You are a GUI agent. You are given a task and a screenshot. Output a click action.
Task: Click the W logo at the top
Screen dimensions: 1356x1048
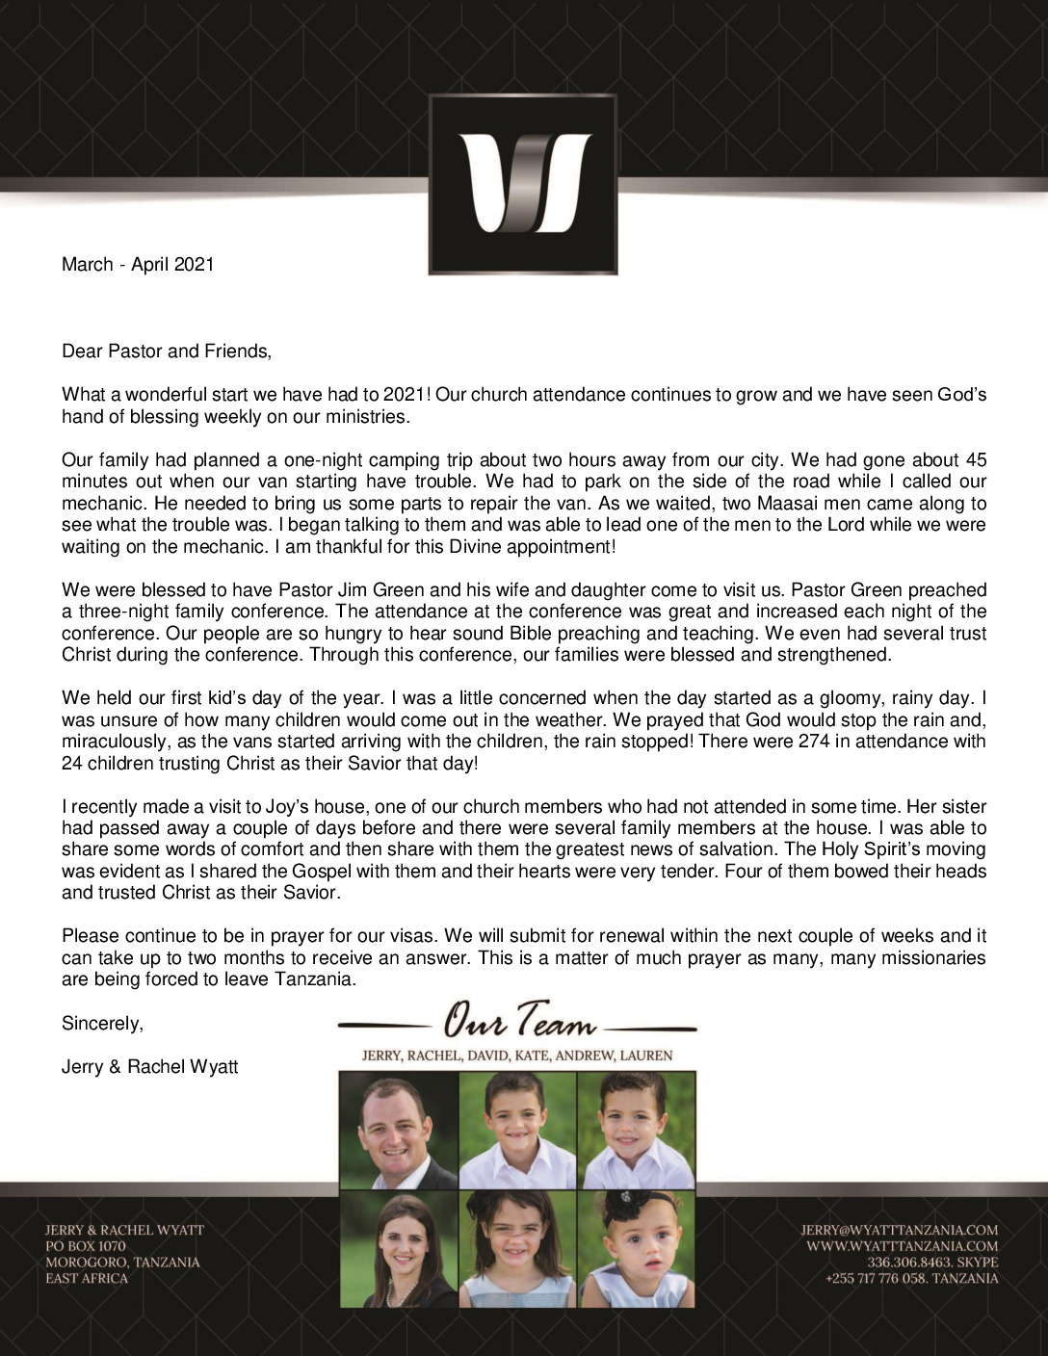click(523, 184)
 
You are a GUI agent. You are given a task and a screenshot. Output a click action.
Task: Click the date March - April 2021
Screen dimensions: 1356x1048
click(138, 264)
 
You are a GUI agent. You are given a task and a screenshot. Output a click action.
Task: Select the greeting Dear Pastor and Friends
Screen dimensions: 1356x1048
click(167, 352)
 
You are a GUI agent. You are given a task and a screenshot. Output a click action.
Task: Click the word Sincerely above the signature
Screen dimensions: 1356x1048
click(102, 1024)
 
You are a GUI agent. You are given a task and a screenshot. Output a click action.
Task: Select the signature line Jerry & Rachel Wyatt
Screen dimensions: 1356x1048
click(149, 1067)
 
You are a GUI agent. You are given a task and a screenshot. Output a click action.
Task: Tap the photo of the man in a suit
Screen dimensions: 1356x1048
click(399, 1131)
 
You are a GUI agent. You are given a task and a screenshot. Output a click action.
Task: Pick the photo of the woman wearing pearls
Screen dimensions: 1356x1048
click(399, 1249)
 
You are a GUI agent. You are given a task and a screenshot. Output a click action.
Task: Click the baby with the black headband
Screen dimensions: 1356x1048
click(636, 1249)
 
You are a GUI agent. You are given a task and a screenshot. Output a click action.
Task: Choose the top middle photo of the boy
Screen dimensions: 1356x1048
click(517, 1131)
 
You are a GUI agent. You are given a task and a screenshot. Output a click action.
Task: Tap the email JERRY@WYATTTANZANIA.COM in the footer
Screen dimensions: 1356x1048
click(899, 1230)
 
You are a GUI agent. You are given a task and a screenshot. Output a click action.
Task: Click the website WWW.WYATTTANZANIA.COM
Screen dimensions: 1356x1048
click(903, 1246)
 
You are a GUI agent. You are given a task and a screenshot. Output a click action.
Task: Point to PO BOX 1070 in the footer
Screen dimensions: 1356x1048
click(85, 1246)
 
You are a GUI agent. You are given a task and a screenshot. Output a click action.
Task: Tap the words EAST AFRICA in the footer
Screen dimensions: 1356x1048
click(86, 1279)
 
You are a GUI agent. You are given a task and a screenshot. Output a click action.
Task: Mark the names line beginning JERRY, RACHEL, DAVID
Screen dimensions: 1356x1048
click(517, 1056)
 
